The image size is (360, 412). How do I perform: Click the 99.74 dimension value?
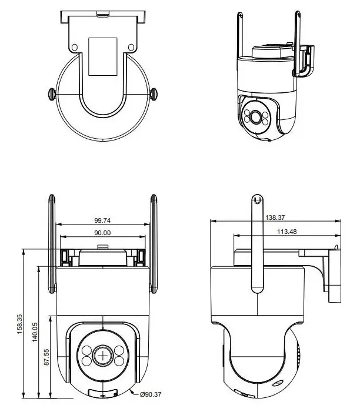click(102, 220)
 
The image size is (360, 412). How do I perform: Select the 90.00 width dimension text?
click(102, 233)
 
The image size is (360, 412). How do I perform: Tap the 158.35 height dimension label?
click(20, 324)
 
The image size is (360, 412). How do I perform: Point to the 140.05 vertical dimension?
click(35, 332)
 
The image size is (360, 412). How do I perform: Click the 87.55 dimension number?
click(46, 357)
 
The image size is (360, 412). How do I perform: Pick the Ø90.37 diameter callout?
click(151, 394)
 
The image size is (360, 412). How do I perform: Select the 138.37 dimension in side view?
click(275, 217)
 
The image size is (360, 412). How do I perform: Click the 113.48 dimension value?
click(287, 232)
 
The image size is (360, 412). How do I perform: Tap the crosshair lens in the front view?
click(103, 356)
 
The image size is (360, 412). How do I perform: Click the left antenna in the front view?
click(52, 244)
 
